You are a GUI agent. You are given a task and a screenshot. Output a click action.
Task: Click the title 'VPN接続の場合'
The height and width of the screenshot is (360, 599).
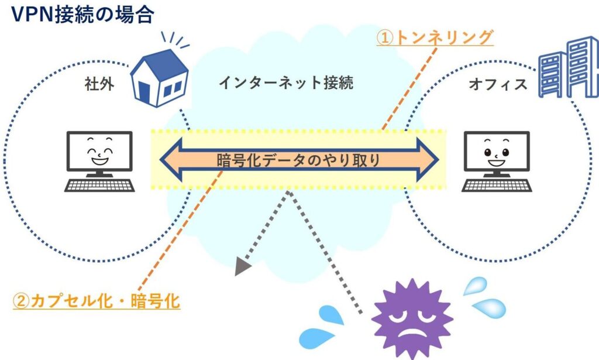[x=82, y=15]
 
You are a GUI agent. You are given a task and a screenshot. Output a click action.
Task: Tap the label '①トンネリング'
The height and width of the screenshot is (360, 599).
[x=435, y=38]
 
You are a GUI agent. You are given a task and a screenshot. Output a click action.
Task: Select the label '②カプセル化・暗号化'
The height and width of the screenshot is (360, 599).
[x=97, y=301]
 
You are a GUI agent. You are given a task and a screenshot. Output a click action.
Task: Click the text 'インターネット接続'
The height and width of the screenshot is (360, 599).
[x=286, y=83]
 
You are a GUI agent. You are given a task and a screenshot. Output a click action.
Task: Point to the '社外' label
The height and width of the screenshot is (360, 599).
[x=99, y=84]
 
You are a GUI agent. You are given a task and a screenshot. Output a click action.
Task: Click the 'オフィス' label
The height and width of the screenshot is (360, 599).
[x=498, y=84]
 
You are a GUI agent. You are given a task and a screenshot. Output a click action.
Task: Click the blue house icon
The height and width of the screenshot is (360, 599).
[x=159, y=78]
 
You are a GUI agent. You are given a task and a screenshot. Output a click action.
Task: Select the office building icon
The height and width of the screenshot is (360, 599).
[x=569, y=67]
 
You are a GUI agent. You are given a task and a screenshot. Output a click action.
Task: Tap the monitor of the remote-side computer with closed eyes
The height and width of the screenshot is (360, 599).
[x=99, y=152]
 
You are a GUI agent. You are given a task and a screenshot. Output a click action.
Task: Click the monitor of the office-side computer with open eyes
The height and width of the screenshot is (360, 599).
[x=497, y=152]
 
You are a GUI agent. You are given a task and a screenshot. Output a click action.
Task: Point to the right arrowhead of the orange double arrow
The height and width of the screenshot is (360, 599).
[x=427, y=160]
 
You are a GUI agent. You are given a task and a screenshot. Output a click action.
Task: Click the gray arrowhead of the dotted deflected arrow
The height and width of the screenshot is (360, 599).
[x=242, y=266]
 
